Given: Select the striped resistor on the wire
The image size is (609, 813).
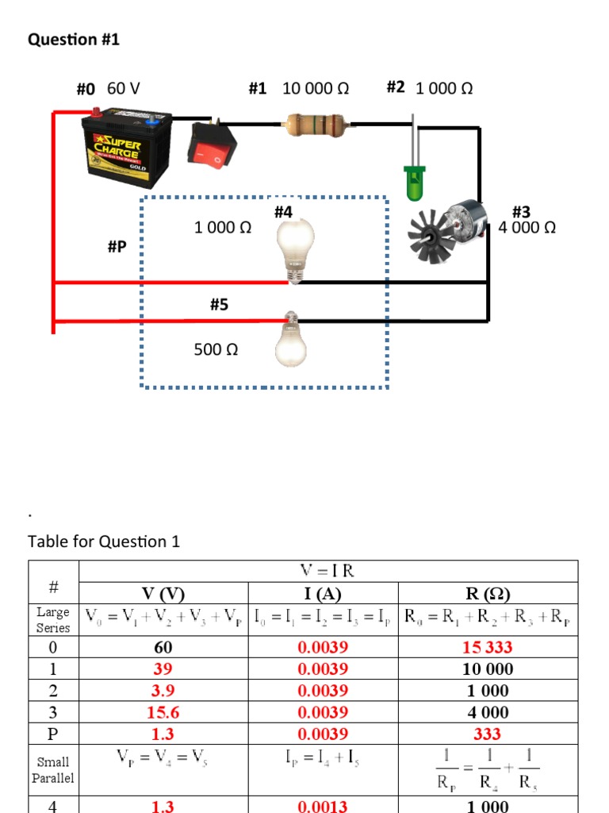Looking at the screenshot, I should point(316,123).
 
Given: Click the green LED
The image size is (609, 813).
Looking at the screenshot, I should point(414,181).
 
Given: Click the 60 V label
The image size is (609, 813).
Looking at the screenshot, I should point(124,88).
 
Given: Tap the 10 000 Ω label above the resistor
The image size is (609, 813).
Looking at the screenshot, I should point(316,88).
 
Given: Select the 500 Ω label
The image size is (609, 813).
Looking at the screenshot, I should point(216,349).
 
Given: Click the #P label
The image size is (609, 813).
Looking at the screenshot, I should point(117,247).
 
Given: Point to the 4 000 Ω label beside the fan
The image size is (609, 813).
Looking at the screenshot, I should point(527,228).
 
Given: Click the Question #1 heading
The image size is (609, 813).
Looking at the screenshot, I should point(74,39).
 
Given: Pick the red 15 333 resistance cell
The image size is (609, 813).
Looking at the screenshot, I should point(488,647).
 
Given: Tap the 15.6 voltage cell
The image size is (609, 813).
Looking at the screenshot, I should point(163,712).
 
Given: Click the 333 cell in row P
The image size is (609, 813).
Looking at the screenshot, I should point(488,734).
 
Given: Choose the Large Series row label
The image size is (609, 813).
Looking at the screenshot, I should point(53,620).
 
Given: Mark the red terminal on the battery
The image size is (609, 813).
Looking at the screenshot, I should point(95,113).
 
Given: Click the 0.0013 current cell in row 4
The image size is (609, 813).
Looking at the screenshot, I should point(323,807).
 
